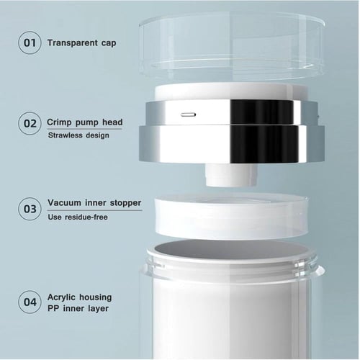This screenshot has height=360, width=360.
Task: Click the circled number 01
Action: tap(30, 42)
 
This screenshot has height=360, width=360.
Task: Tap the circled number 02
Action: tap(30, 123)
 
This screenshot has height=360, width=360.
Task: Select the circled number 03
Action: tap(30, 209)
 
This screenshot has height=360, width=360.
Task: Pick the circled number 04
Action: tap(30, 302)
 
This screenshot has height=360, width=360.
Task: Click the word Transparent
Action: tap(73, 43)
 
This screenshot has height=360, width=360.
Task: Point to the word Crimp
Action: tap(59, 122)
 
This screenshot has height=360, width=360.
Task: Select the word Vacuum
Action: tap(64, 203)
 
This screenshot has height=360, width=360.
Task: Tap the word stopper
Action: tap(125, 203)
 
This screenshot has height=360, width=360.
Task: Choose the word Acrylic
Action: tap(61, 298)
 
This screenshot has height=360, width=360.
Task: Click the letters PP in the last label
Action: tap(53, 308)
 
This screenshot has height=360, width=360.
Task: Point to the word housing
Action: tap(96, 298)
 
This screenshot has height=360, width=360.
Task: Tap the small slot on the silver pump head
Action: tap(189, 114)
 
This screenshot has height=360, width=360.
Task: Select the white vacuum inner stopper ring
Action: tap(231, 217)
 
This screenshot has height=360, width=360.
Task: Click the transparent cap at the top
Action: tap(232, 45)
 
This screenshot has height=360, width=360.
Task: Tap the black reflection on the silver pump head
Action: tap(264, 131)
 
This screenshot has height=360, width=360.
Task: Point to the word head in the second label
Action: tap(112, 122)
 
